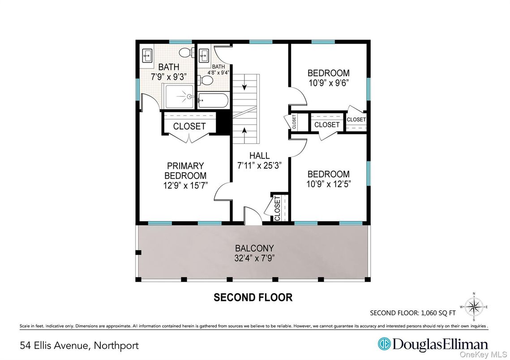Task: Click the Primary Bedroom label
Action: point(185,171)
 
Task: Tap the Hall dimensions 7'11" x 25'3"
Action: point(259,166)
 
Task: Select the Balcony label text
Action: point(254,249)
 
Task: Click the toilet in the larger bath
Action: point(187,52)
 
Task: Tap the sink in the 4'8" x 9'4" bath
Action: point(204,56)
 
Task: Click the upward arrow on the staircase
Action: point(244,132)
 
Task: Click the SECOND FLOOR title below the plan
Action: point(253,297)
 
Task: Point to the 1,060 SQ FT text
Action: point(438,313)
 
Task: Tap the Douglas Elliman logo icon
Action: point(384,344)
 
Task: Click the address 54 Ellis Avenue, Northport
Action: point(79,345)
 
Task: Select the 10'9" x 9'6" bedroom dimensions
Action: point(329,83)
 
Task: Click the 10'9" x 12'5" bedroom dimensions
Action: point(329,184)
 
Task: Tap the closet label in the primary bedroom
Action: point(189,126)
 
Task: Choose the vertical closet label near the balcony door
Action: point(277,208)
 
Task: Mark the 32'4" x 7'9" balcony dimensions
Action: point(255,258)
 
